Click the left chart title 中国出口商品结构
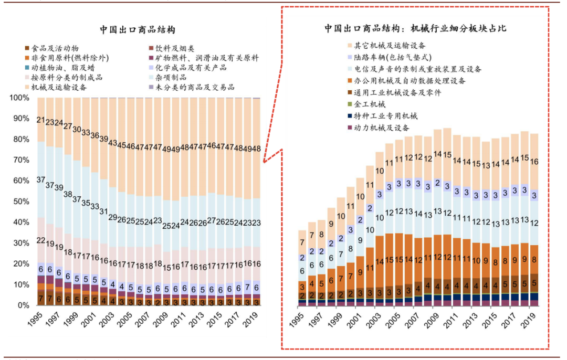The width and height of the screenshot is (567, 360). pos(138,29)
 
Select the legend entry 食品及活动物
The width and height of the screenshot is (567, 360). pos(55,48)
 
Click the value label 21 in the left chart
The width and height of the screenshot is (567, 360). pos(40,120)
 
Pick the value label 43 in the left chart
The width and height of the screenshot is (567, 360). pos(113,143)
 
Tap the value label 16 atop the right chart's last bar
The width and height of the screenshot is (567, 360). pos(534,162)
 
